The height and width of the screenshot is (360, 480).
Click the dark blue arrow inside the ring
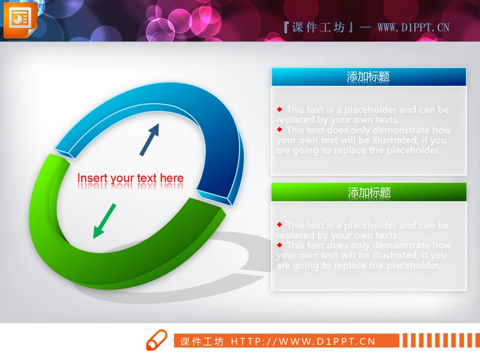(x=149, y=140)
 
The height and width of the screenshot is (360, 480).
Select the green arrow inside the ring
(x=104, y=221)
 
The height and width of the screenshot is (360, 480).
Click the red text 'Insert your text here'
(x=131, y=178)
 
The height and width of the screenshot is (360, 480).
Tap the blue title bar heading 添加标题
(x=368, y=77)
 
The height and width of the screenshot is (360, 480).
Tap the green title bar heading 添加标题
(x=368, y=192)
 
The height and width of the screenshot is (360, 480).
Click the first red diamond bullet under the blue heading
(x=280, y=109)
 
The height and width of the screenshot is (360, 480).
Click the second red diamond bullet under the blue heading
(x=280, y=130)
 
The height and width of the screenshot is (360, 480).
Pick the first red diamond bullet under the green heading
(x=280, y=225)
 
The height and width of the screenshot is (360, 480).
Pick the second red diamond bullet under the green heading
(x=280, y=245)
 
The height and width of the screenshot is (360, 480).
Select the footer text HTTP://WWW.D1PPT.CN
(x=303, y=341)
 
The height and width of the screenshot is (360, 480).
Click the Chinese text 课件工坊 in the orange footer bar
(x=202, y=341)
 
